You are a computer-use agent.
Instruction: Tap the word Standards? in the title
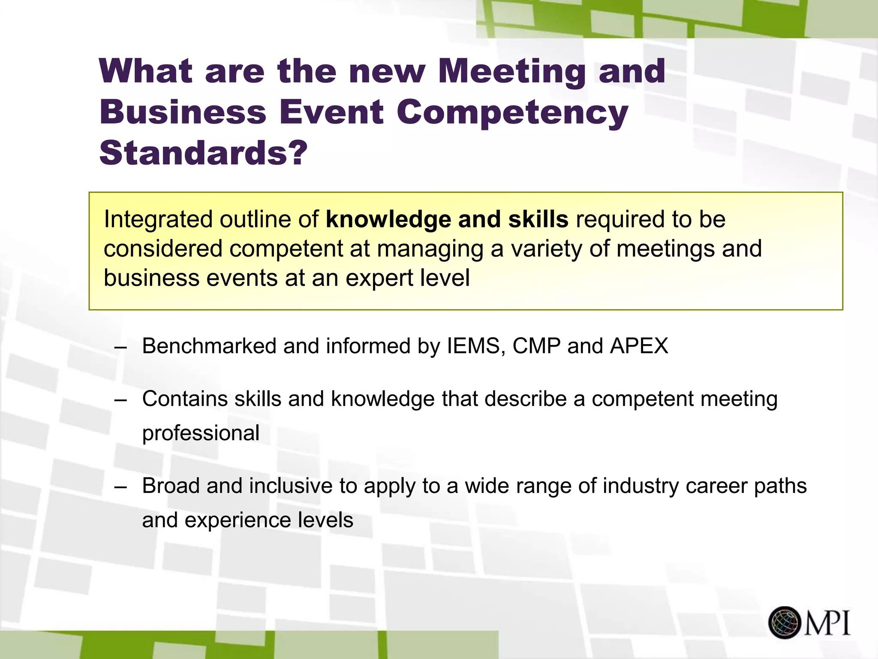click(203, 153)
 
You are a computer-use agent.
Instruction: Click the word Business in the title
click(183, 112)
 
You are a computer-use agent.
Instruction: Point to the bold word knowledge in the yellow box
click(388, 219)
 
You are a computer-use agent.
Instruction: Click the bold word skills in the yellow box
click(538, 219)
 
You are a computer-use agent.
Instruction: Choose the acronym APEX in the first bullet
click(639, 346)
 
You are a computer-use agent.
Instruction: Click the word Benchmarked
click(209, 346)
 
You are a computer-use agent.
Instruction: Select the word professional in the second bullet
click(201, 433)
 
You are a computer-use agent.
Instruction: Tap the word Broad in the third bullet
click(171, 486)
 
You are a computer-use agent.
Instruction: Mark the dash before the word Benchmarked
click(121, 347)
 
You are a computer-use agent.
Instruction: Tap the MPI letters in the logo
click(827, 623)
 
